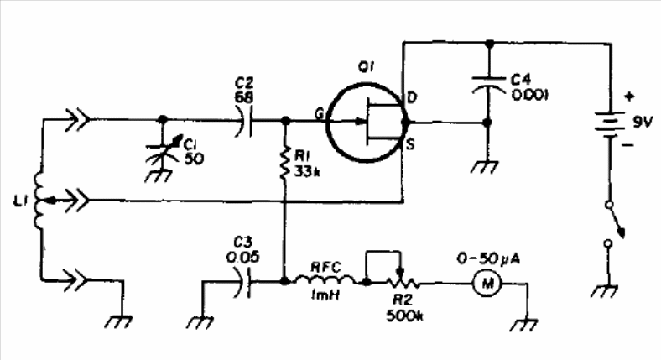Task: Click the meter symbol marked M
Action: (x=487, y=284)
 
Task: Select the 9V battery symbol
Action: (x=610, y=124)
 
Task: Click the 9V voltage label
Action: (x=642, y=123)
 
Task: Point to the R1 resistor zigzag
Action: (x=286, y=162)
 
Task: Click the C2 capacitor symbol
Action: (x=245, y=121)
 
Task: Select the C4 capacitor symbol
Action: (x=488, y=84)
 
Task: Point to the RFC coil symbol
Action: (x=325, y=280)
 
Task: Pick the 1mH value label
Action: (x=325, y=295)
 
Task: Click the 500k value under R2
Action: (x=404, y=316)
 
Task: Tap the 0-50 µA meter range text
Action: (x=488, y=258)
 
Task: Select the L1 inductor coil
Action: (x=39, y=201)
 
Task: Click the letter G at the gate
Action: (x=319, y=113)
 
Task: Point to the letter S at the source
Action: (x=409, y=144)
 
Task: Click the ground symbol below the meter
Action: (x=524, y=325)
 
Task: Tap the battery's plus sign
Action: (x=629, y=97)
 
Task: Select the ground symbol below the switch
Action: (x=606, y=291)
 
